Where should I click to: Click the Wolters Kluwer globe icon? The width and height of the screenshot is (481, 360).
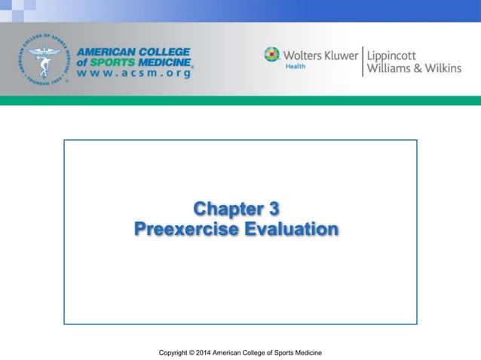pos(271,54)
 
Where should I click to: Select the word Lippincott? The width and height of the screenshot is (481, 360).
pos(396,54)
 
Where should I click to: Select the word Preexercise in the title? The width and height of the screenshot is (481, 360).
pos(187,228)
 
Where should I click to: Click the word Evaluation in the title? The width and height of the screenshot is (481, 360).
pos(291,228)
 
